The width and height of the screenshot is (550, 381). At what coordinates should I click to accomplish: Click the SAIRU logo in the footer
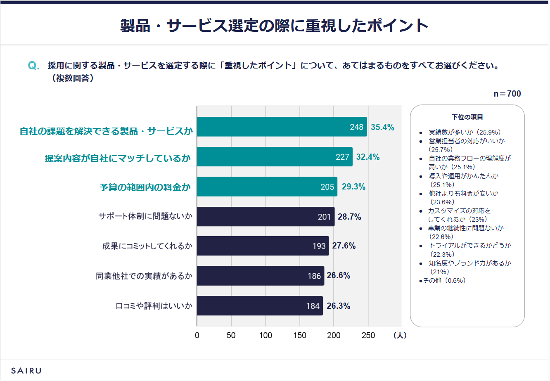[x=26, y=370]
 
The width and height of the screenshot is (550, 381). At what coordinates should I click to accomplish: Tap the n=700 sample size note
[x=507, y=94]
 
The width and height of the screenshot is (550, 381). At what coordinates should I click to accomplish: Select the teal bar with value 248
[x=282, y=127]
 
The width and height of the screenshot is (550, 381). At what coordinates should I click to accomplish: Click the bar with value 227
[x=275, y=157]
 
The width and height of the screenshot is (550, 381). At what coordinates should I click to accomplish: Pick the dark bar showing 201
[x=266, y=217]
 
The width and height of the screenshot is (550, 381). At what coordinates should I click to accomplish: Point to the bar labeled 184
[x=260, y=306]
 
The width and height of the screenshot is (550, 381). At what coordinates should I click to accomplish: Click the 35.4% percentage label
[x=382, y=127]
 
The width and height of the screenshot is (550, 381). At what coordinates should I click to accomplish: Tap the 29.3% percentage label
[x=353, y=187]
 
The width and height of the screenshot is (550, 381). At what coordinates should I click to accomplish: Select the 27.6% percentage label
[x=344, y=246]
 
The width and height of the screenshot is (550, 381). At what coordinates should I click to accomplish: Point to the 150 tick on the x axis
[x=299, y=335]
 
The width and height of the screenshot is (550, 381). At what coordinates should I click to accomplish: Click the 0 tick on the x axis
[x=197, y=335]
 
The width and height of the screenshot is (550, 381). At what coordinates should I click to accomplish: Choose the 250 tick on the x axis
[x=368, y=335]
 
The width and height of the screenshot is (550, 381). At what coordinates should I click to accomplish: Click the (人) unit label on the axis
[x=400, y=335]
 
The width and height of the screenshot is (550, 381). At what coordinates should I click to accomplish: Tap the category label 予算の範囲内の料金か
[x=145, y=187]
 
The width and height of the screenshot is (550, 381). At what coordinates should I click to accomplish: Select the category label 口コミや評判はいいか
[x=154, y=306]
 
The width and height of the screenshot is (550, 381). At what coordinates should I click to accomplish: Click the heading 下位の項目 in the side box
[x=467, y=117]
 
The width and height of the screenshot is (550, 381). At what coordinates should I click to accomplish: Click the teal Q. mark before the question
[x=33, y=66]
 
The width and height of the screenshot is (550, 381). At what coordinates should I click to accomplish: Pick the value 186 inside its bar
[x=314, y=276]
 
